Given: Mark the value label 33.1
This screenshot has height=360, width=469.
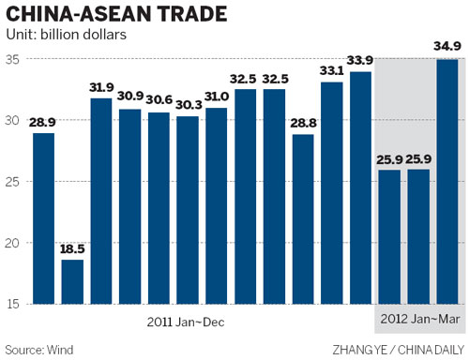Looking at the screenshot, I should pos(331,71).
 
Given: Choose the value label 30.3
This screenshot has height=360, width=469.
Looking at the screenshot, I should pos(188,105).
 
